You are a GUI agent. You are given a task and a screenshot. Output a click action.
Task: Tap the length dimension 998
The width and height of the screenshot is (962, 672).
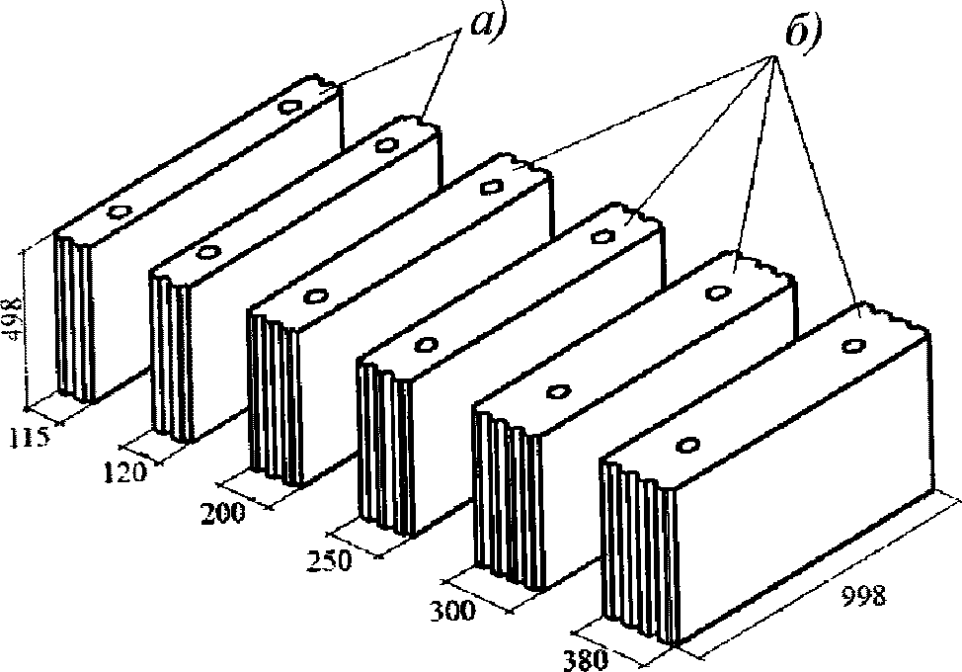(864, 595)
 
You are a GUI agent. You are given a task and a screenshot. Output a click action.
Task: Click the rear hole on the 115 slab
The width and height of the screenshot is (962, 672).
(290, 107)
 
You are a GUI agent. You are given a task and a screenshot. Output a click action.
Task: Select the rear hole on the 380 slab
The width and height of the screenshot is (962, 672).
(853, 346)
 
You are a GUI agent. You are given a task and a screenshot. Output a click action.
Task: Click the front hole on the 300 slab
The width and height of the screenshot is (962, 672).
(557, 392)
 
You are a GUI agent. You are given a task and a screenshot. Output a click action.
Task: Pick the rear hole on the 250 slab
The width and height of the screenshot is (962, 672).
(600, 235)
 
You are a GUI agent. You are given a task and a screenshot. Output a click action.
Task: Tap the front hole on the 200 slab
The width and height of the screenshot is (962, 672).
(316, 295)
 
